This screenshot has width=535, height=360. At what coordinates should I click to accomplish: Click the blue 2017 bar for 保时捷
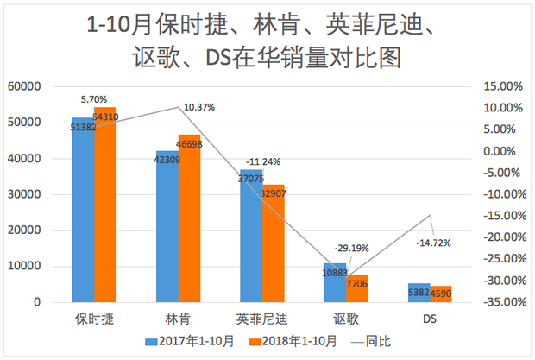point(83,216)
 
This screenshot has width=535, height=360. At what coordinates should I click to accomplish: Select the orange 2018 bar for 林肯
point(189,224)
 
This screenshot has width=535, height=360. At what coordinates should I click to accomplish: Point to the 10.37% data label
point(199,107)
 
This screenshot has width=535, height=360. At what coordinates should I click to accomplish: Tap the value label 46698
point(189,143)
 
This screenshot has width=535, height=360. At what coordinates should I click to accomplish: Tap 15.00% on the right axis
point(505,86)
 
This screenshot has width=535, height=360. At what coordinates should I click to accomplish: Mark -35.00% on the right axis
point(503,302)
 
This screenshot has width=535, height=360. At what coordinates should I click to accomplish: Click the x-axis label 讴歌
point(346,319)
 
